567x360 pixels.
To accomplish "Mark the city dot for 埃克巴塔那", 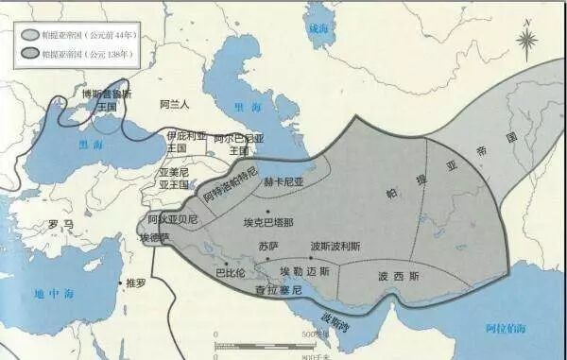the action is point(268,210).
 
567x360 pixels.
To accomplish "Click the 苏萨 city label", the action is point(268,246).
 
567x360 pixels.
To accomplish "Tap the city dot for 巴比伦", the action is point(243,266).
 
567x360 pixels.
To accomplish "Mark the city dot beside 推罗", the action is point(119,283).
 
